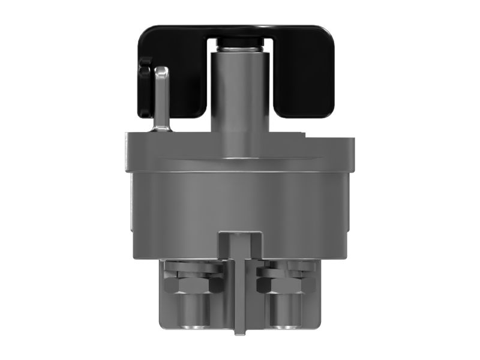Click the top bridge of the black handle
(240, 30)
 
